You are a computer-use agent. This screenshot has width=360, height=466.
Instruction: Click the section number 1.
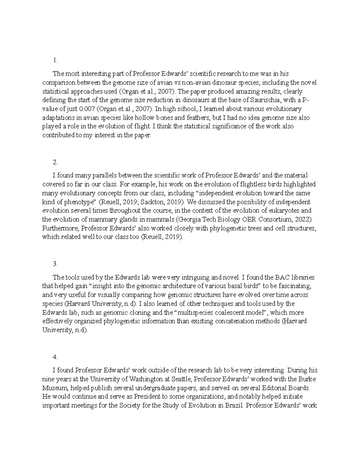point(55,61)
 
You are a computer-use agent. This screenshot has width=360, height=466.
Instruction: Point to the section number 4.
point(55,357)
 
